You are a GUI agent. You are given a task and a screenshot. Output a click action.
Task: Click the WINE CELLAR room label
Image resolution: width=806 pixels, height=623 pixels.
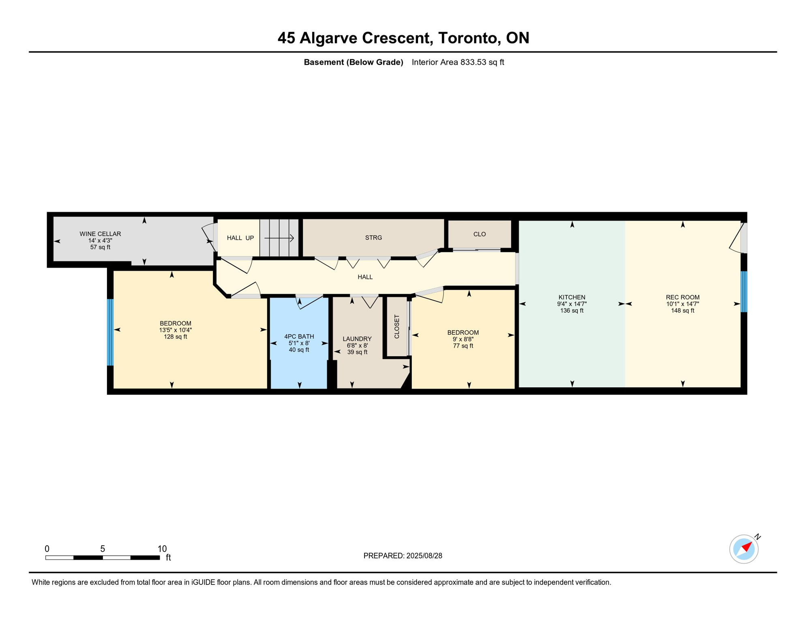point(100,234)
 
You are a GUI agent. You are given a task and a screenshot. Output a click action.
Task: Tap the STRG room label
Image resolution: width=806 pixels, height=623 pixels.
point(373,238)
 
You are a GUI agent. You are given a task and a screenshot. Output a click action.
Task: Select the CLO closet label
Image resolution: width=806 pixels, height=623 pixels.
point(480,234)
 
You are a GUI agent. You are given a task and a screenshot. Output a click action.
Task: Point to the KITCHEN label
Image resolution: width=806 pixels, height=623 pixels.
point(572,297)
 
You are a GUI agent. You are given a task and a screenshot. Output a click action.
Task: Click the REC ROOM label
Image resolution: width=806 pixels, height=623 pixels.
point(683,297)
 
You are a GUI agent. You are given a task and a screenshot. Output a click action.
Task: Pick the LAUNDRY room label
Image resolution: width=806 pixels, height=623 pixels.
point(357,339)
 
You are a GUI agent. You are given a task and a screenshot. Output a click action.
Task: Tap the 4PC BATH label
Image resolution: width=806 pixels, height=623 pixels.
point(299,337)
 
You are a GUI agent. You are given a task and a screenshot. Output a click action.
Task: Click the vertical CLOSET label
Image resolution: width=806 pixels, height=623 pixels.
point(397,327)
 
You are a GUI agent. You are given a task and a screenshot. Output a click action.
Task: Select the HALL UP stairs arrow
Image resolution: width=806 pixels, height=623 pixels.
point(279,238)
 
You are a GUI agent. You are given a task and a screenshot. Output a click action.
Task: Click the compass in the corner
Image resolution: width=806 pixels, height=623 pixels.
point(744,549)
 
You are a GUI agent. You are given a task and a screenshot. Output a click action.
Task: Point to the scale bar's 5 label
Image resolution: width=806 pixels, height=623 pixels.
point(103,549)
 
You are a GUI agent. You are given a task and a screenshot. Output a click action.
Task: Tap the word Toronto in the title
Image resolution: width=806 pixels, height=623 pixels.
point(467,38)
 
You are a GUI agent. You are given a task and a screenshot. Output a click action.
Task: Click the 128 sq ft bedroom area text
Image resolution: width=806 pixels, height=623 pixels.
point(176,337)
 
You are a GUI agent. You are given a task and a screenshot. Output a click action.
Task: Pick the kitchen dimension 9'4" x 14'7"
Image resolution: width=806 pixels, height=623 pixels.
point(572,304)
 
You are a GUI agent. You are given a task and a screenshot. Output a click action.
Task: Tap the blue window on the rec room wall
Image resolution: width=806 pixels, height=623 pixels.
point(744,292)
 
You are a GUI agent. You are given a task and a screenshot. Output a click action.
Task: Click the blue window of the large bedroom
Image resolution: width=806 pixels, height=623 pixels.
point(110,332)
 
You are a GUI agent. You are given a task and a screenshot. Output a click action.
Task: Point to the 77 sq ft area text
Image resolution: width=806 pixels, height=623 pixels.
point(463,346)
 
